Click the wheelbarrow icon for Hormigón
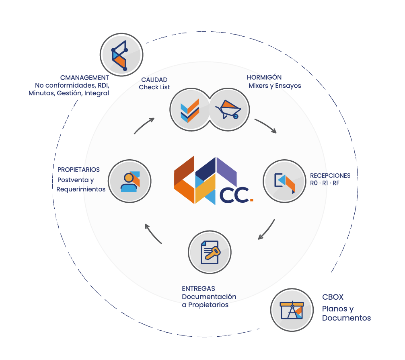[228, 109]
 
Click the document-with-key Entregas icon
[210, 252]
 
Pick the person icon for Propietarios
[130, 181]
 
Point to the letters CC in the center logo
[233, 195]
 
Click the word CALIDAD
[154, 80]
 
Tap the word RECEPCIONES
[330, 176]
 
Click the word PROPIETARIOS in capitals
[78, 170]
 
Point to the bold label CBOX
[333, 297]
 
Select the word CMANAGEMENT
[84, 78]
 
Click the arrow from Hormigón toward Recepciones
[265, 126]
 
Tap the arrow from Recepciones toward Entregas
[266, 230]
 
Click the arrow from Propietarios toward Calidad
[144, 125]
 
